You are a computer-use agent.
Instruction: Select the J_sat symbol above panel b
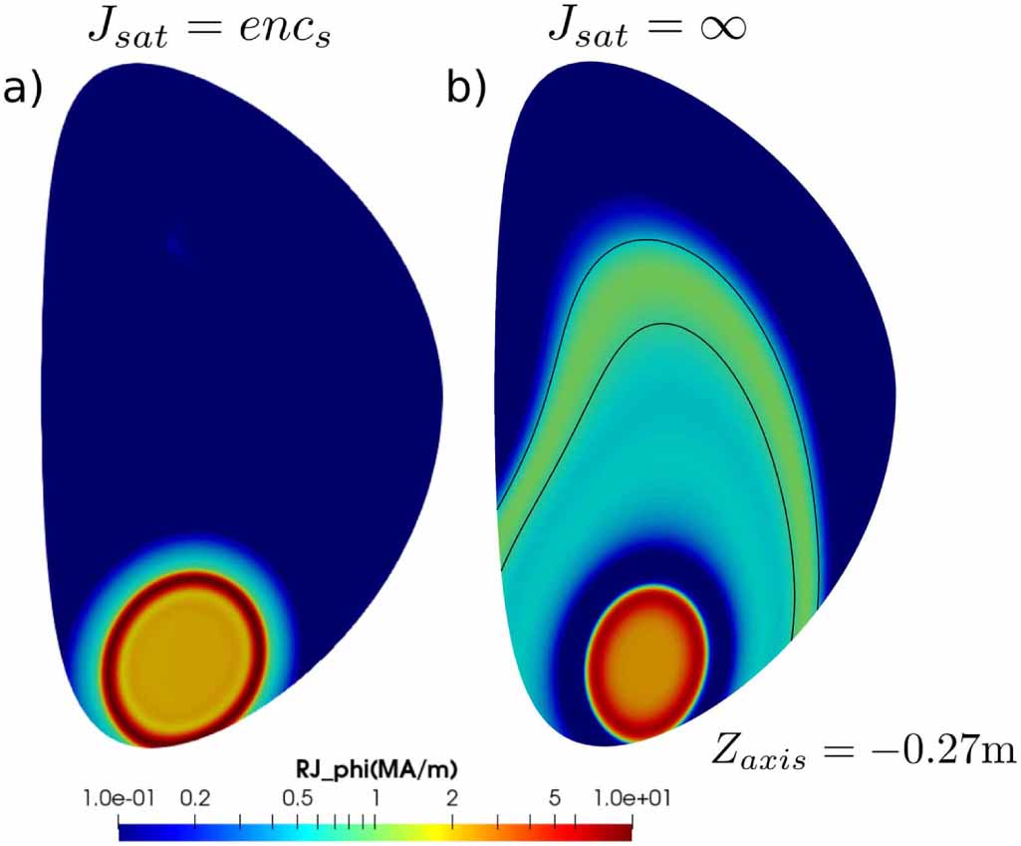pos(587,30)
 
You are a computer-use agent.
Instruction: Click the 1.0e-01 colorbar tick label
pos(119,798)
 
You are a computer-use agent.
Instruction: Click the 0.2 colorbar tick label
pos(194,798)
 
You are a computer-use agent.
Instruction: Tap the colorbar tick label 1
pos(375,798)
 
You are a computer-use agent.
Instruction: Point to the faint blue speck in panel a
pos(175,244)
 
